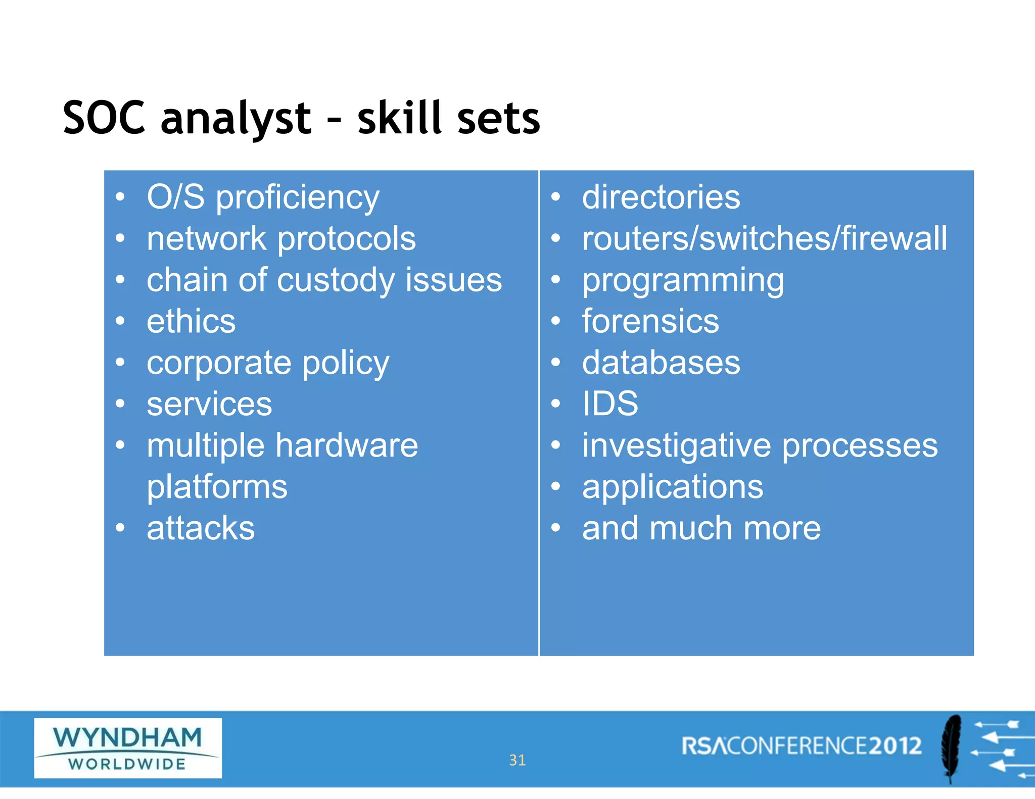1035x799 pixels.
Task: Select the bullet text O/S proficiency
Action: [x=263, y=197]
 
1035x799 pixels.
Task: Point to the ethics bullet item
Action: [x=191, y=322]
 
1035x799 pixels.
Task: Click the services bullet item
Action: [x=209, y=405]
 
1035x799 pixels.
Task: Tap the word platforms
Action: [x=217, y=487]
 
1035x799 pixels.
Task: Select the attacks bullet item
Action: [x=201, y=529]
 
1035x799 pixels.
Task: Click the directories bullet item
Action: [x=661, y=197]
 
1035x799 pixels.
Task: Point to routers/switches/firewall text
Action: [x=764, y=239]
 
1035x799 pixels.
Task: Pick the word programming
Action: [x=683, y=280]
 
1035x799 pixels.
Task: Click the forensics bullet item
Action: [x=650, y=322]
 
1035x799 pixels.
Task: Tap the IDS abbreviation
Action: [x=610, y=404]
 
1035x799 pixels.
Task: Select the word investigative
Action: [x=676, y=446]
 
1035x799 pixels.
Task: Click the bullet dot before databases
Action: [x=556, y=363]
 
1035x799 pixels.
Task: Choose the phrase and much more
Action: [x=701, y=529]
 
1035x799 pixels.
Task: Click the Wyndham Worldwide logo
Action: [x=128, y=748]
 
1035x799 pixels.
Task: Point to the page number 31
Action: [x=517, y=760]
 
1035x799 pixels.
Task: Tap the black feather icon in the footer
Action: [x=951, y=748]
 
